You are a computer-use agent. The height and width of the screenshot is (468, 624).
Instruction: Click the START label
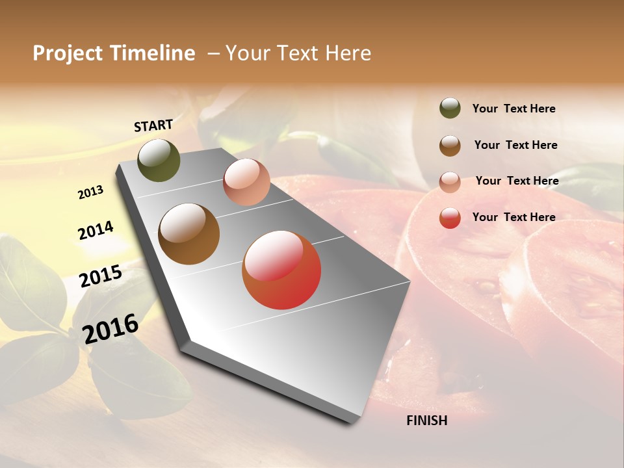coord(153,125)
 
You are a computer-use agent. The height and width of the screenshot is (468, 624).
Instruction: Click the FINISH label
coord(426,421)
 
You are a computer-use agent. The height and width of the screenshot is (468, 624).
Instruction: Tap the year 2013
coord(90,192)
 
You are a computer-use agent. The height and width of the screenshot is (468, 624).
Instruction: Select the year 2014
coord(96,231)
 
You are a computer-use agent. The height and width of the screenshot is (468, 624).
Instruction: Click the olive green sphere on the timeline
coord(159,160)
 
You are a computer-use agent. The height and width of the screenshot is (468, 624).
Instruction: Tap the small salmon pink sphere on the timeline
coord(246,182)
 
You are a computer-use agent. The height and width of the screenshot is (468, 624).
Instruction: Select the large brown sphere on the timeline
coord(188,234)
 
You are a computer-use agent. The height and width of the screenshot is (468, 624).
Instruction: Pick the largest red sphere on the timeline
coord(281,270)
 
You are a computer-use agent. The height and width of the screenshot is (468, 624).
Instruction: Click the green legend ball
coord(450,108)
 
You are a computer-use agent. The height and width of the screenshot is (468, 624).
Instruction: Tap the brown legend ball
coord(450,146)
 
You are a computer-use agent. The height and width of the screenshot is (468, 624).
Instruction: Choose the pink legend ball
coord(450,182)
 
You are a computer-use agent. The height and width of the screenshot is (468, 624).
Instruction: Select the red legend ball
coord(450,218)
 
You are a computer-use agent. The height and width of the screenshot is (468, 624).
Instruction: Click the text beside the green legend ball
coord(513,109)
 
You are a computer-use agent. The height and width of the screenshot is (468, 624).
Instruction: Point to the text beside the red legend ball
coord(513,217)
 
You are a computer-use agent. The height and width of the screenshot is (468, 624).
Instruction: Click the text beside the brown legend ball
coord(515,145)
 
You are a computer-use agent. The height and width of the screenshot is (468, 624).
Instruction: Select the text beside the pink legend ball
coord(517,181)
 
